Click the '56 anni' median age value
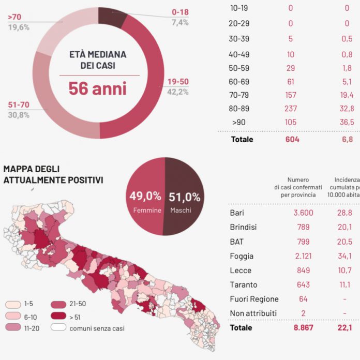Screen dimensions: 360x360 97,88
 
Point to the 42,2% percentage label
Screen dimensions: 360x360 177,92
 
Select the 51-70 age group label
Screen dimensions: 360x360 19,105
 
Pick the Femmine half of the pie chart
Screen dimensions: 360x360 145,197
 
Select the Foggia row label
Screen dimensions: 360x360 243,256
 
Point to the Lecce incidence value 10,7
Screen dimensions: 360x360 347,270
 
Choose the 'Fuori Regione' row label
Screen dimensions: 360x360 254,299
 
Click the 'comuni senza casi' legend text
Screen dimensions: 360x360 96,328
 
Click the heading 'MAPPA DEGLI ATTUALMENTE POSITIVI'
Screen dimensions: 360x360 53,174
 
